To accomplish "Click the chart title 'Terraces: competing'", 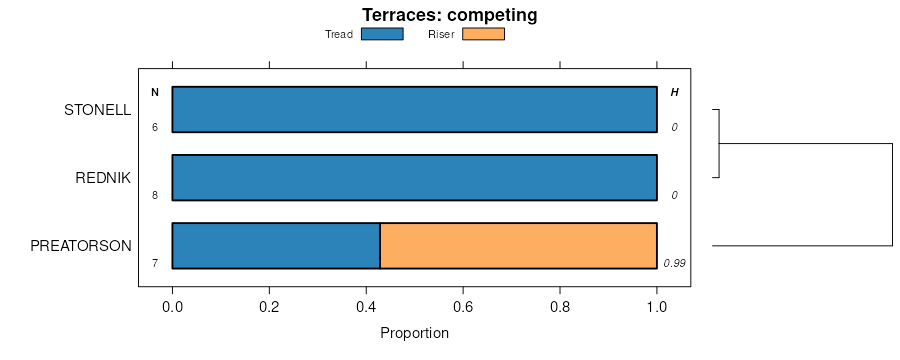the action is (x=449, y=15).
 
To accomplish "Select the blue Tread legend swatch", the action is (x=382, y=34).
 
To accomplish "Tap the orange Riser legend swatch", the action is (x=483, y=34).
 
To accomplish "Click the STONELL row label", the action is (x=98, y=110).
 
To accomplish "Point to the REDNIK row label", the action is (x=103, y=179).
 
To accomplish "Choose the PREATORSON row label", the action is (x=81, y=246).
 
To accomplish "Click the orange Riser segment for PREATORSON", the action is (x=518, y=246).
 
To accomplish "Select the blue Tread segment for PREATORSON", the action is (x=276, y=246).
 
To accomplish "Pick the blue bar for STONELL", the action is (x=414, y=110).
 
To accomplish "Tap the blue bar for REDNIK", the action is (x=414, y=177).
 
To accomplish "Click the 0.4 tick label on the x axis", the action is (x=366, y=307).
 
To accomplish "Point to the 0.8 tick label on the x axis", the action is (x=560, y=307).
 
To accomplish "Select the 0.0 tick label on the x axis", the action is (x=172, y=307).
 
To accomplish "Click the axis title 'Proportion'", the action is (x=414, y=333).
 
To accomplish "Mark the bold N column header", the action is (x=155, y=92).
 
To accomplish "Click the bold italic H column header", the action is (x=674, y=92).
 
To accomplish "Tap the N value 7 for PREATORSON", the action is (x=155, y=264).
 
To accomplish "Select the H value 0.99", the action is (x=674, y=264).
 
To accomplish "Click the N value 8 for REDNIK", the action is (x=155, y=195).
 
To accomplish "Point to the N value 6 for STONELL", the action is (x=155, y=127).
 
